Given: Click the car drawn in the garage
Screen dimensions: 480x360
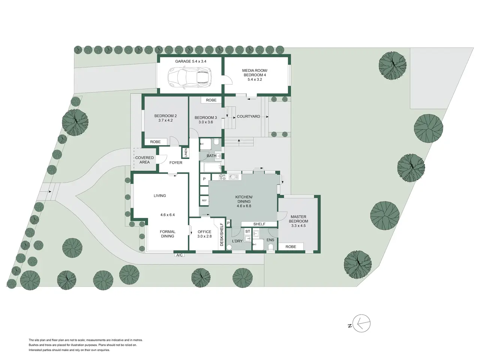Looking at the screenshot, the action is click(190, 77).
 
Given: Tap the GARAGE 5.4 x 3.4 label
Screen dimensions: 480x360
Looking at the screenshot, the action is click(191, 61).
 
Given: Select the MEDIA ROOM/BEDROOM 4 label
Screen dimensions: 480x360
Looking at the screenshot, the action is click(255, 75).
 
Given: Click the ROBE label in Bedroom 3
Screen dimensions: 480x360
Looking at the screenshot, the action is click(211, 100).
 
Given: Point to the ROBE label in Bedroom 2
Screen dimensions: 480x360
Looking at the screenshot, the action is click(155, 142).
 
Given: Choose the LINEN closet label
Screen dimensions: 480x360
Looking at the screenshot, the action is click(186, 153).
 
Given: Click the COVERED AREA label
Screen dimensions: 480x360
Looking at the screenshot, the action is click(144, 160).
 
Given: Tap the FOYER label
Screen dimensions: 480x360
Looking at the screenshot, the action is click(176, 163).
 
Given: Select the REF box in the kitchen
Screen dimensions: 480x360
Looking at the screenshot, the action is click(204, 200).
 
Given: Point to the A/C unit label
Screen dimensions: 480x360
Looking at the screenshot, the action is click(180, 255).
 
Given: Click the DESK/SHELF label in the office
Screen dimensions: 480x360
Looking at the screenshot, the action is click(222, 234).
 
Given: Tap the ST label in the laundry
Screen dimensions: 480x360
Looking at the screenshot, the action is click(247, 231).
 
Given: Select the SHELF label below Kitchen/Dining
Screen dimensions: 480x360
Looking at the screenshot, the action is click(259, 224).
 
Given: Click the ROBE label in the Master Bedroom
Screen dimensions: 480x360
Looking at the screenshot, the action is click(291, 246).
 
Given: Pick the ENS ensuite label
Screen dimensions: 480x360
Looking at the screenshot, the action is click(270, 240).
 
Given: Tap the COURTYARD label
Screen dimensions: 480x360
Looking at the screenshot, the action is click(248, 117).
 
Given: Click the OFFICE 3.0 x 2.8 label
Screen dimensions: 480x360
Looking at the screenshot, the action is click(204, 234).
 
